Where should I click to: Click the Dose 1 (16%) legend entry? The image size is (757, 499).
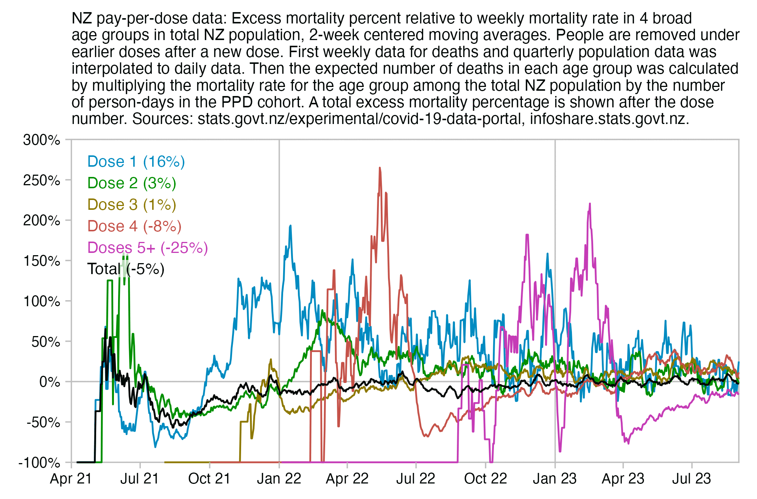coord(136,161)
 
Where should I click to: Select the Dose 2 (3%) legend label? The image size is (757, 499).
coord(132,183)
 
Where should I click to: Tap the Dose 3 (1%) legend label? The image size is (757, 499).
coord(132,205)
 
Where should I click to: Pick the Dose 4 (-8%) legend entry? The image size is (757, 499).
coord(134,226)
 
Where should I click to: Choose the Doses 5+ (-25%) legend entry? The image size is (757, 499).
coord(148,248)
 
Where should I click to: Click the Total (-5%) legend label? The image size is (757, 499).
coord(126,269)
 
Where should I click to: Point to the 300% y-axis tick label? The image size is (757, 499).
coord(42,140)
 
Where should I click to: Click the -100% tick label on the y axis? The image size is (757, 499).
coord(39,463)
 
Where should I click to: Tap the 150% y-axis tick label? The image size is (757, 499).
coord(42,261)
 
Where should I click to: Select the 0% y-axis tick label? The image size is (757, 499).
coord(50,382)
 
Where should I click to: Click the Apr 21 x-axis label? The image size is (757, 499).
coord(71,479)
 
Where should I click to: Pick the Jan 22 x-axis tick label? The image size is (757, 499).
coord(279,479)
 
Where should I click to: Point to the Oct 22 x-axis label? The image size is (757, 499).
coord(485,479)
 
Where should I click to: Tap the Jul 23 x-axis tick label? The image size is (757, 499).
coord(692,479)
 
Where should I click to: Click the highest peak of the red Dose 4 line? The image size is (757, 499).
coord(380,168)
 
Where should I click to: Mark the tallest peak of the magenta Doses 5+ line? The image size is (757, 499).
coord(590,204)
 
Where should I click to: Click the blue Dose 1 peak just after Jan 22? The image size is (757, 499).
coord(290,226)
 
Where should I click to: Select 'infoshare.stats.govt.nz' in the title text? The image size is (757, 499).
coord(607,119)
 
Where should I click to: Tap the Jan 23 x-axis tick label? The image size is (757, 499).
coord(555,479)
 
